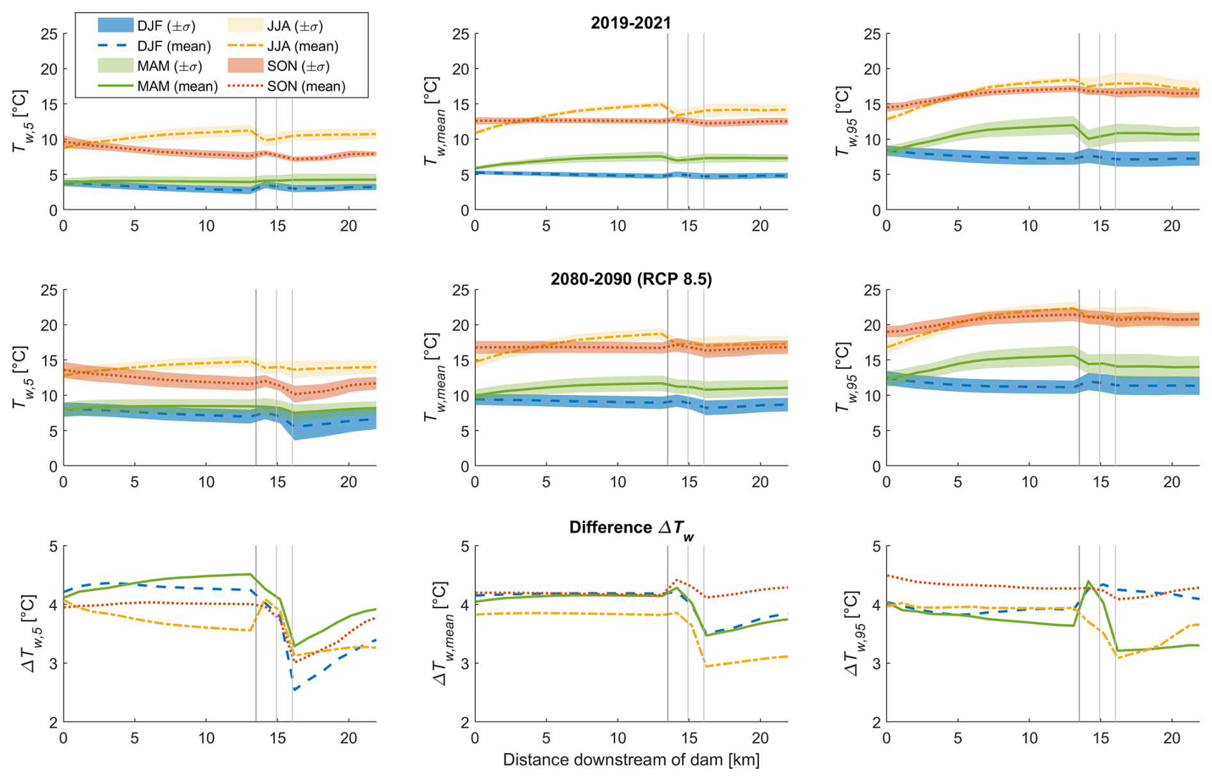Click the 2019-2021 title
[630, 23]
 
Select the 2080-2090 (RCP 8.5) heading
[630, 279]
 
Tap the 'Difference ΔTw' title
[630, 528]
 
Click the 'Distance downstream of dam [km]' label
[630, 760]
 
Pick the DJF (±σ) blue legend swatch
[115, 26]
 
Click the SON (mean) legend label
[306, 86]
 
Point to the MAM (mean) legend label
[177, 86]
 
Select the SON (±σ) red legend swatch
[245, 66]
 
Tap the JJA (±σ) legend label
[295, 26]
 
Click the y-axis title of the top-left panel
[20, 122]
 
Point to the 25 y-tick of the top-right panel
[872, 34]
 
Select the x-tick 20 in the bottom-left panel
[348, 738]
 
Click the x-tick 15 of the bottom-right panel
[1101, 738]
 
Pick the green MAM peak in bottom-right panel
[1088, 581]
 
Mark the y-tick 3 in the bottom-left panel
[53, 663]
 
